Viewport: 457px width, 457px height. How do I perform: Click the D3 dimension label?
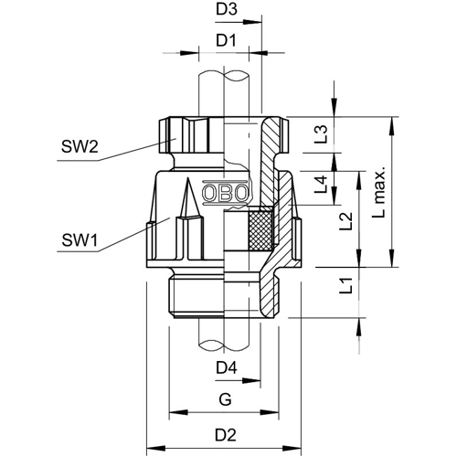[227, 9]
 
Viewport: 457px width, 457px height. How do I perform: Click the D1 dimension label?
[226, 40]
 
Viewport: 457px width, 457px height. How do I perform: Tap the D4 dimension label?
[227, 368]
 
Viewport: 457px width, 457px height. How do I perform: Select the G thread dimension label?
[225, 399]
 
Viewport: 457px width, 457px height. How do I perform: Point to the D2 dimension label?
[226, 435]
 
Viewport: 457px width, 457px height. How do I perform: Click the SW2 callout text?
[80, 146]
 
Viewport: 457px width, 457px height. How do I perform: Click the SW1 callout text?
[80, 239]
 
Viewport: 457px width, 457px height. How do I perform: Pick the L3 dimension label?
[321, 134]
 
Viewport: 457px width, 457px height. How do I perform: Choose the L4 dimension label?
[321, 185]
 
